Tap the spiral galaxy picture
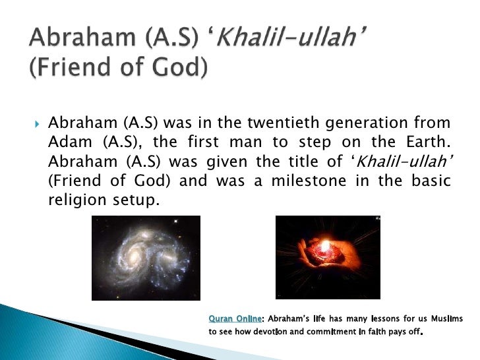tap(146, 258)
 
